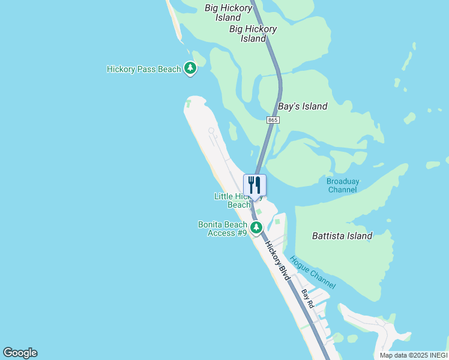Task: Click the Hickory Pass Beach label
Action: pos(143,69)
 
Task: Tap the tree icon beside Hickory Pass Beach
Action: pos(190,68)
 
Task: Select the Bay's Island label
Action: pos(303,106)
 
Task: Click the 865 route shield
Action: pos(273,121)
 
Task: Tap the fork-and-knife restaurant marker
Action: pos(255,184)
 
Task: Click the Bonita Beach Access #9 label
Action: pos(223,229)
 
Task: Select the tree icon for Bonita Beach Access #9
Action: pos(256,227)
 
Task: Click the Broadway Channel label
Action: pos(343,185)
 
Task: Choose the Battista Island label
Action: pos(342,236)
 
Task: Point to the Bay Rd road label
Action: pos(307,298)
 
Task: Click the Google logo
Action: pos(20,353)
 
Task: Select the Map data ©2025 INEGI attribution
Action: pos(413,355)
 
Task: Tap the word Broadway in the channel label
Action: pos(343,181)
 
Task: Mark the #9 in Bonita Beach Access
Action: pos(241,233)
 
